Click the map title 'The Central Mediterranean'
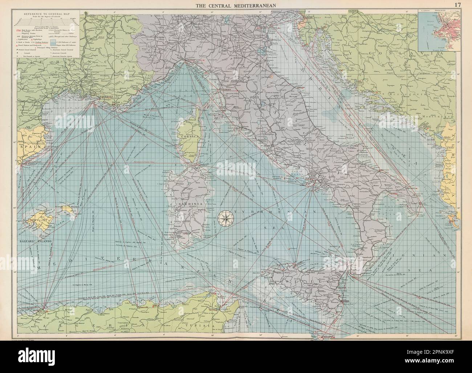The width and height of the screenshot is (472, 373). pos(236,5)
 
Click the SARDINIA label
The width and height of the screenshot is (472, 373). pos(187,204)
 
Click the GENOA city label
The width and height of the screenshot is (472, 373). pos(190,60)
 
